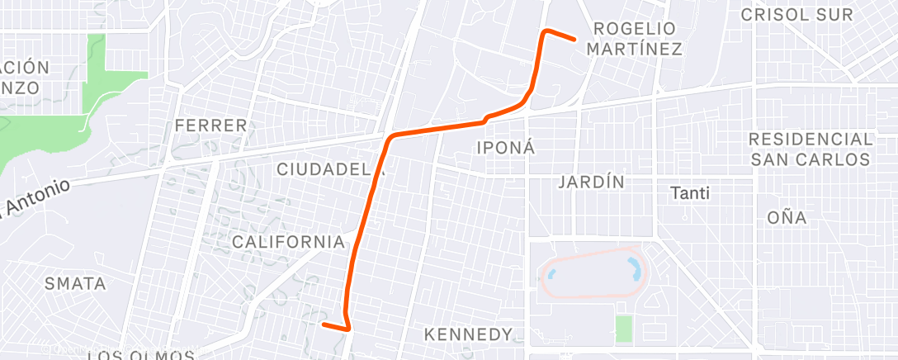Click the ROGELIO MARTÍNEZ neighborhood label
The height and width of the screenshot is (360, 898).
[x=634, y=39]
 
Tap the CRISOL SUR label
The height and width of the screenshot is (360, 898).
[x=806, y=14]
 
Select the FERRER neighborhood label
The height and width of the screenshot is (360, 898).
[x=211, y=126]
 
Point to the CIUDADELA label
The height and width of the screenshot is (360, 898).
[x=331, y=169]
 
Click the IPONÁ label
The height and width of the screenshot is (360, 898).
[x=507, y=148]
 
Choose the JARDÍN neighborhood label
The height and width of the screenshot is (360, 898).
[x=591, y=182]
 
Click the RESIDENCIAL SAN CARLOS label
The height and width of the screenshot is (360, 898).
[x=811, y=149]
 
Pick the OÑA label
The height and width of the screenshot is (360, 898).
[x=787, y=218]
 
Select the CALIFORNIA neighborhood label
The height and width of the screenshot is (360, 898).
[x=288, y=242]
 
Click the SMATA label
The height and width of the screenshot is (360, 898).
[x=75, y=284]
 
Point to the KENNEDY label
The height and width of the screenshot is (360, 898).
[x=468, y=334]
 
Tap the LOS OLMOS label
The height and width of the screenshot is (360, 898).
[x=140, y=356]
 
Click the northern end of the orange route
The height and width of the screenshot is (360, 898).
[x=574, y=39]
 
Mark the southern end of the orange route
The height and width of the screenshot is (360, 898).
[x=323, y=324]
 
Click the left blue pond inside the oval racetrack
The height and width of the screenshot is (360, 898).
[x=551, y=271]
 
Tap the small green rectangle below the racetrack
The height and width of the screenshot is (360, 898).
[x=623, y=329]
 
